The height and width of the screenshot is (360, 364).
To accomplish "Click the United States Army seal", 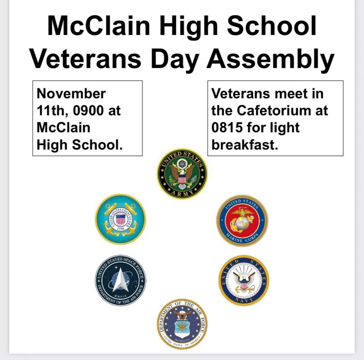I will [x=182, y=173].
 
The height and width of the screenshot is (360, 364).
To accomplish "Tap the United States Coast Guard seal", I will [x=120, y=219].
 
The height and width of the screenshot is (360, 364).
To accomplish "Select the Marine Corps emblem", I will [x=242, y=220].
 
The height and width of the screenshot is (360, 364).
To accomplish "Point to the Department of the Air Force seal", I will [x=182, y=324].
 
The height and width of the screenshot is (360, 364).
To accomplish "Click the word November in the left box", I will [x=71, y=93].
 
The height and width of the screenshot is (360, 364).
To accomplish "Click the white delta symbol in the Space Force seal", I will [x=121, y=279].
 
